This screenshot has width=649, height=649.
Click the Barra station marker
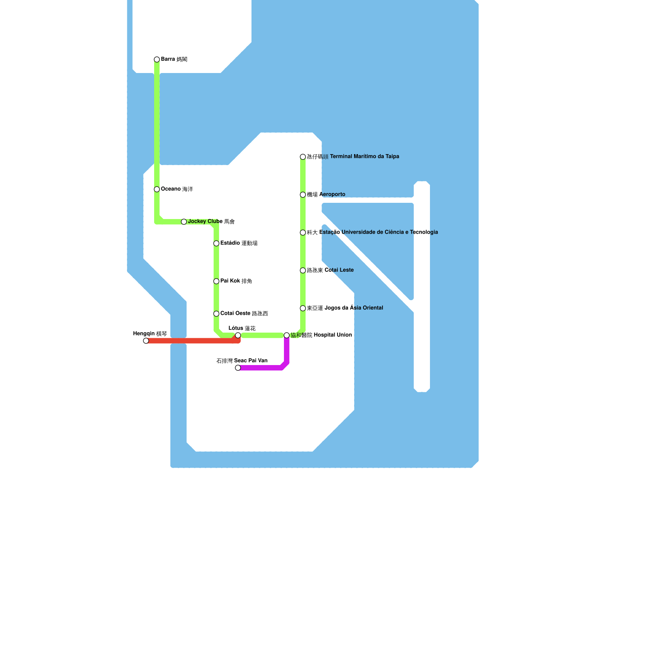point(157,60)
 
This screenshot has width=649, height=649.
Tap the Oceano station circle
point(157,189)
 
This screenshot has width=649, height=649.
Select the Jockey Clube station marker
point(184,221)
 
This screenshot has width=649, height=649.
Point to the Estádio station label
point(239,243)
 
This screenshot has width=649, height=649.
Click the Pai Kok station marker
point(216,281)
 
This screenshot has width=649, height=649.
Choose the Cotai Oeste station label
point(244,314)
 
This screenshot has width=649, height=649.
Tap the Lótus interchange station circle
point(238,335)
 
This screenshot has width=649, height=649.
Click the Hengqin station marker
point(146,341)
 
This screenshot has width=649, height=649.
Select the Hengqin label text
point(150,334)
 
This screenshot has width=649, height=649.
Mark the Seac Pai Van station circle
point(238,368)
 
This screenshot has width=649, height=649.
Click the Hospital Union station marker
point(287,335)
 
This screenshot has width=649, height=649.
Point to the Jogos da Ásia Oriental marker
point(303,308)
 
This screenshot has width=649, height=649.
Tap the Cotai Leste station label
point(330,270)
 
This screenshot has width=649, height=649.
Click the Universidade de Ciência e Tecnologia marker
point(303,232)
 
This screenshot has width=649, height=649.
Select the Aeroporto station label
point(326,195)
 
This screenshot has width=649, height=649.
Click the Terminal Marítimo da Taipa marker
point(303,157)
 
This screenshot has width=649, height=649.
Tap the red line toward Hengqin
point(191,341)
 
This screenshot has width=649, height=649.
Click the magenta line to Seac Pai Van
point(264,368)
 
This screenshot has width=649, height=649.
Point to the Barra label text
point(174,60)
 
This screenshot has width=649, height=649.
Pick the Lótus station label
point(242,328)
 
